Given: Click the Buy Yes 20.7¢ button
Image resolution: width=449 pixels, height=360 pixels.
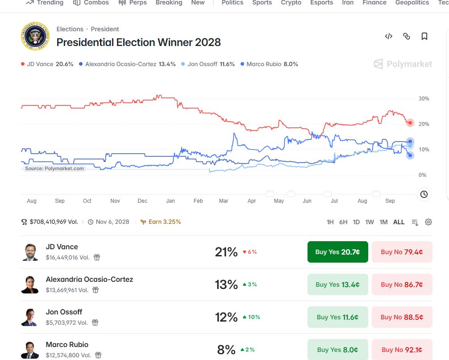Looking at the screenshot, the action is (337, 252).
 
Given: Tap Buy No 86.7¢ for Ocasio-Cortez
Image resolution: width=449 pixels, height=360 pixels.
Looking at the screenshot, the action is (402, 285).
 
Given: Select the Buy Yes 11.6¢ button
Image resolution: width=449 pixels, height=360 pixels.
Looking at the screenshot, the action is (337, 317).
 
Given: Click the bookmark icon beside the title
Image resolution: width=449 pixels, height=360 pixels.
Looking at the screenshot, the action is (424, 36).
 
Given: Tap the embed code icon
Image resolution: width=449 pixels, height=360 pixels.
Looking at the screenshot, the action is (389, 36).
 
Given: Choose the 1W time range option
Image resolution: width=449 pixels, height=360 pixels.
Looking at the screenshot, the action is (370, 222).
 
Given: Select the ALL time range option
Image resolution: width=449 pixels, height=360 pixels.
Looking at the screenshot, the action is (399, 222).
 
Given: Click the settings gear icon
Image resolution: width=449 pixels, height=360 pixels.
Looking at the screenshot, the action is (428, 222).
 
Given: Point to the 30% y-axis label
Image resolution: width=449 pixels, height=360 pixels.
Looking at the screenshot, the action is (424, 99).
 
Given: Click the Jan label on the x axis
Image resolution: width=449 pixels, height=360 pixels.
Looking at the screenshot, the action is (170, 201).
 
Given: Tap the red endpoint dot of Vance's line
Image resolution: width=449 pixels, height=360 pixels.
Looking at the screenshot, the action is (410, 123).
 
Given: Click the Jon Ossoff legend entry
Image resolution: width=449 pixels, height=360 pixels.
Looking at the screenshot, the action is (208, 64).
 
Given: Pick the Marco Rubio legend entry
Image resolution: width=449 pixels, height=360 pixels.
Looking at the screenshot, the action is (269, 64).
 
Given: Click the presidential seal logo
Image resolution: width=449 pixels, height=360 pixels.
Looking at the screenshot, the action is (35, 36).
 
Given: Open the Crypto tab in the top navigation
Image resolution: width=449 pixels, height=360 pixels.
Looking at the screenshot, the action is (291, 3).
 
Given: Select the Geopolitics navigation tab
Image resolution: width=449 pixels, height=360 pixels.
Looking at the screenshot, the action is (412, 3).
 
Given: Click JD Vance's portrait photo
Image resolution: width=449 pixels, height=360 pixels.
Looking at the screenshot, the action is (30, 252).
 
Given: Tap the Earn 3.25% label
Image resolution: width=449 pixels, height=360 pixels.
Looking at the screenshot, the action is (161, 222).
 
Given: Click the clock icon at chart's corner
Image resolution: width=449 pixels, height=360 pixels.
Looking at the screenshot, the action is (424, 194).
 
